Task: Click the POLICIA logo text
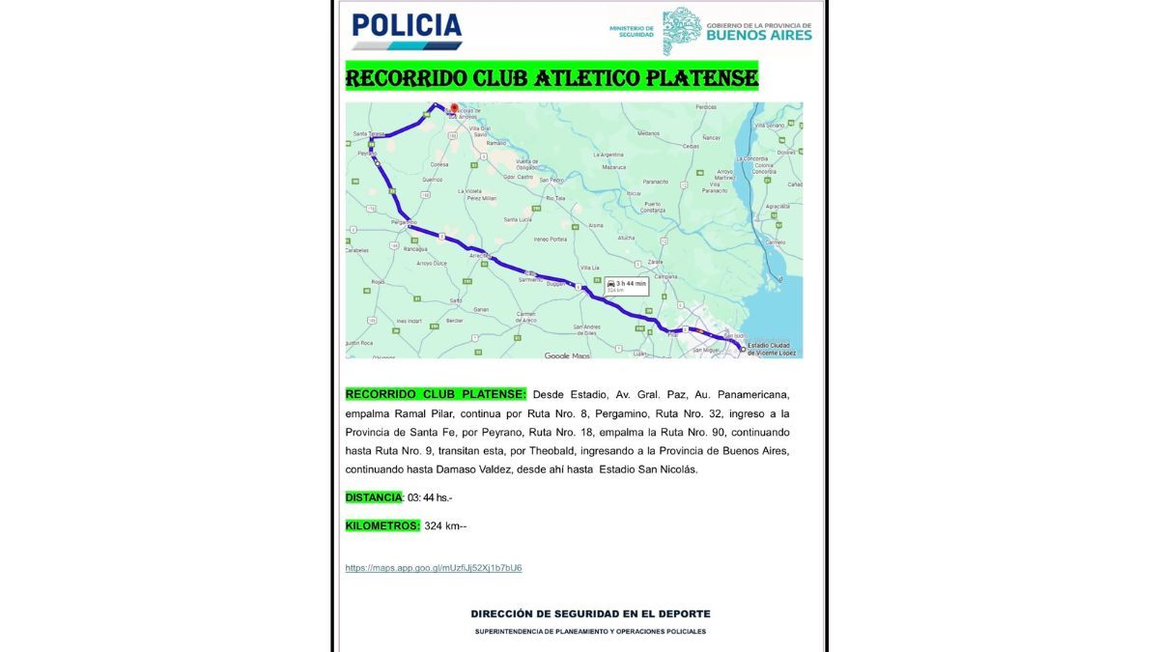click(406, 26)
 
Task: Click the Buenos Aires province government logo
click(737, 31)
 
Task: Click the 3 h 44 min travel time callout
click(626, 284)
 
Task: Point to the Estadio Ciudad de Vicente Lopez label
click(771, 350)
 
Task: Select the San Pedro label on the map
click(551, 181)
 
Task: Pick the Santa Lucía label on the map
click(518, 219)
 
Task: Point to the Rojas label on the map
click(378, 282)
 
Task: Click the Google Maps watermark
click(567, 355)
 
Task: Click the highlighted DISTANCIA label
click(374, 497)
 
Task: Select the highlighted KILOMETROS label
click(382, 525)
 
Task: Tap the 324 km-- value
click(445, 526)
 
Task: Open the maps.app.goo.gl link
click(434, 568)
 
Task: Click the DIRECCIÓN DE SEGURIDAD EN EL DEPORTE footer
click(590, 613)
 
